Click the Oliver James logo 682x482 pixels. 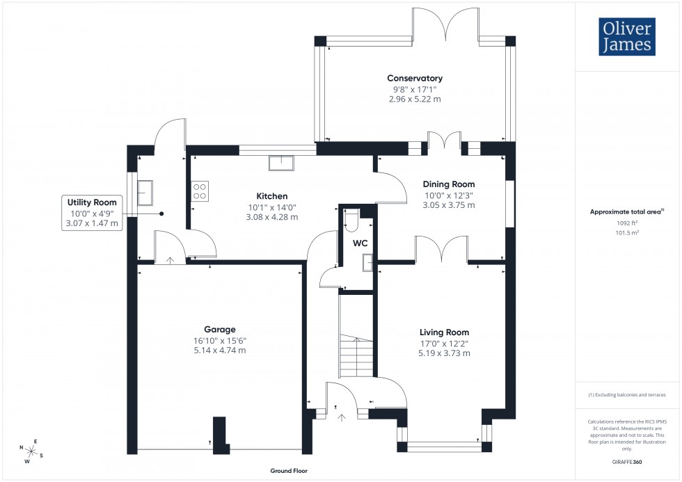point(628,37)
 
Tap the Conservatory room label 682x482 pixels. point(415,79)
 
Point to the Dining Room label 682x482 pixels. point(449,184)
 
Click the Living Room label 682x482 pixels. point(444,332)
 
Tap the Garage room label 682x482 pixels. point(219,330)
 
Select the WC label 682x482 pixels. point(360,243)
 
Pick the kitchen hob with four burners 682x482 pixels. point(200,191)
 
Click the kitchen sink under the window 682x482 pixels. point(282,163)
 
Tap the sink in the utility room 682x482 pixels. point(145,193)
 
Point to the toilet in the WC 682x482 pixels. point(351,220)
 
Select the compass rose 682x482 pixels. point(31,451)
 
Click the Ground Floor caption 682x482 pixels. point(289,471)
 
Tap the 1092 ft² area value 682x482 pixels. point(627,223)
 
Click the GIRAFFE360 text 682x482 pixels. point(628,461)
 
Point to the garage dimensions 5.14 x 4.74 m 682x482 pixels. point(220,351)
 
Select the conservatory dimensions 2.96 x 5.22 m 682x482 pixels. point(415,99)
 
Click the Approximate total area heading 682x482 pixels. point(626,211)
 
